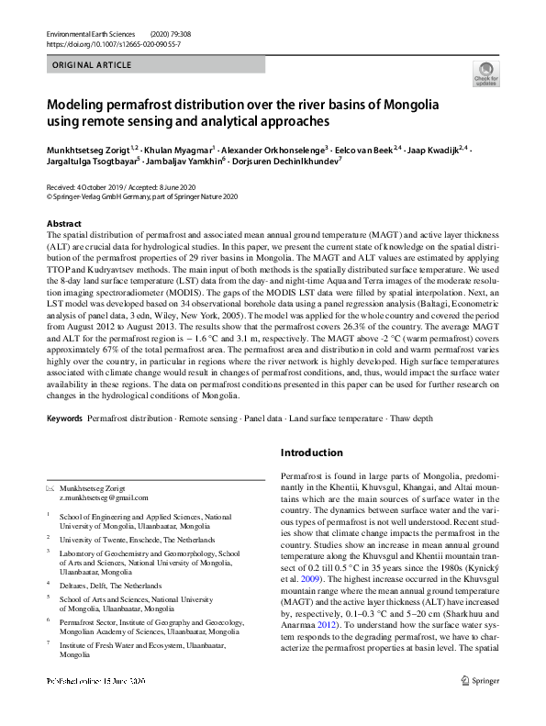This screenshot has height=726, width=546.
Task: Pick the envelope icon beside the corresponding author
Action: point(50,488)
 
